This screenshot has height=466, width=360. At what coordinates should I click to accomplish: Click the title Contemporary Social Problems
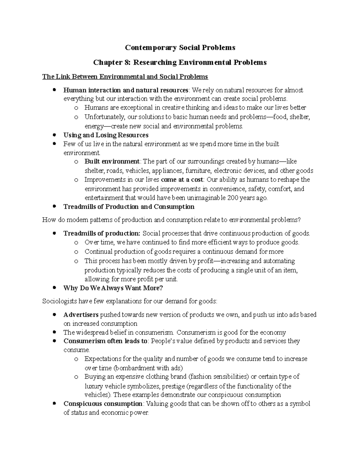tap(180, 48)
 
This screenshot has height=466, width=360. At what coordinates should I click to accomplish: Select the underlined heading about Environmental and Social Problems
tap(125, 77)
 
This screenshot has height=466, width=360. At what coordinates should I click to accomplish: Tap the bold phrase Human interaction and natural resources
tap(126, 90)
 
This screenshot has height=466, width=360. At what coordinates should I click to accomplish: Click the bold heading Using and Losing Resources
tap(106, 135)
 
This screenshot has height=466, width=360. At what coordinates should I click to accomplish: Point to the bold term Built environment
tap(112, 161)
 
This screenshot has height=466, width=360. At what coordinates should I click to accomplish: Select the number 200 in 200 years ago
tap(232, 198)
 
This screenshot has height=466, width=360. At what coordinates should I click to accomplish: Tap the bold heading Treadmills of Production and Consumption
tap(129, 207)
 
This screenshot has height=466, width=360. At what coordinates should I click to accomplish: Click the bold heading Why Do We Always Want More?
tap(113, 288)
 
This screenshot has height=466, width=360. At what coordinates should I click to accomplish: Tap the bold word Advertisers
tap(81, 315)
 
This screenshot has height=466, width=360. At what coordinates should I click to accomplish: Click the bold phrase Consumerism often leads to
tap(105, 341)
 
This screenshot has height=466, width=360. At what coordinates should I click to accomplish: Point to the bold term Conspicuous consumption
tap(103, 404)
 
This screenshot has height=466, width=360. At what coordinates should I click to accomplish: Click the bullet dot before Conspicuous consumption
tap(54, 404)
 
